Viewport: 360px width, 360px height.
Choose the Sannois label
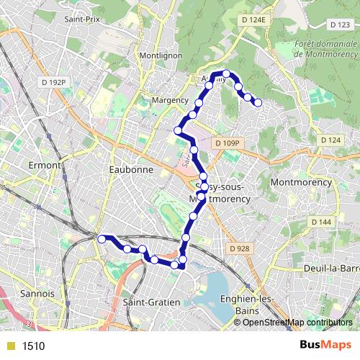point(39,294)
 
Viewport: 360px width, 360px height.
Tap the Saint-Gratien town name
point(151,302)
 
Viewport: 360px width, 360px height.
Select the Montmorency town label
point(301,183)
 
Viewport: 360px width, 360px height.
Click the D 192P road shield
point(53,83)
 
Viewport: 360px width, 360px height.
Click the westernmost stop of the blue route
point(102,238)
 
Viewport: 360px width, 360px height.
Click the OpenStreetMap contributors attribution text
point(297,322)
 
